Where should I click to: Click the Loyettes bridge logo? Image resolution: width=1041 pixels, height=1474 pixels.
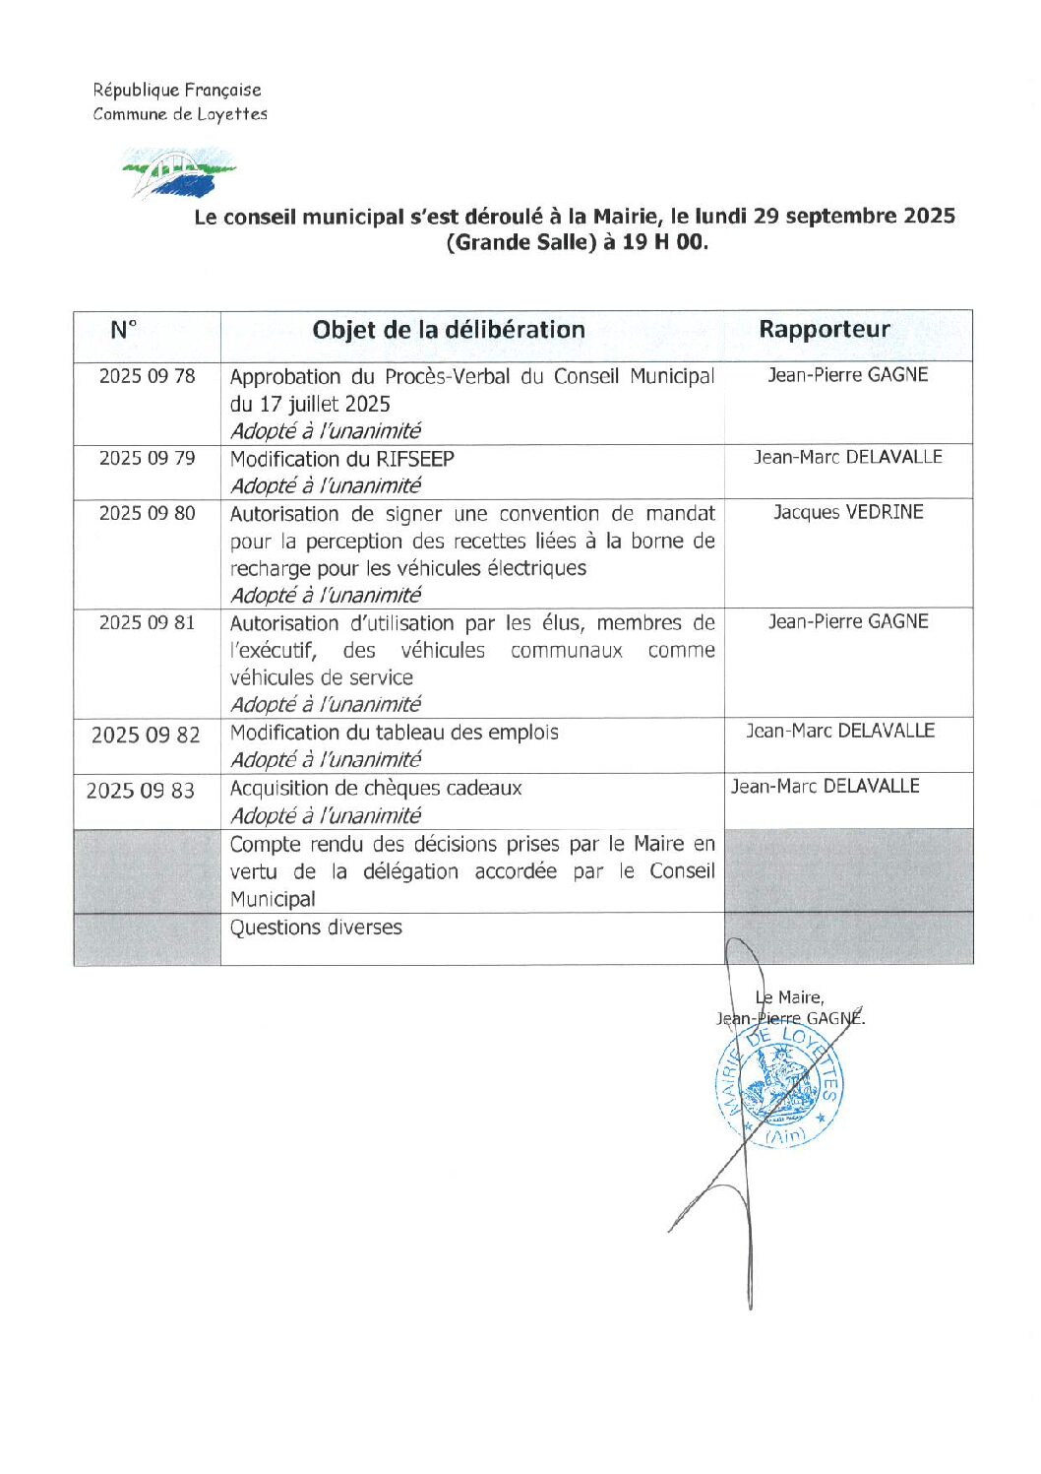178,173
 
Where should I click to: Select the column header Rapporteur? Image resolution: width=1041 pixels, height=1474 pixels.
824,330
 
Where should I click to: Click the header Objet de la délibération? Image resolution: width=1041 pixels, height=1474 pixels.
449,330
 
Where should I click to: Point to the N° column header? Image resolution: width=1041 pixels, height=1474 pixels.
123,330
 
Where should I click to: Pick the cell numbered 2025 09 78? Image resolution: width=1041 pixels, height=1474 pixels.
147,376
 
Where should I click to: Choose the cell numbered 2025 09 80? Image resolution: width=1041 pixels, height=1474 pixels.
147,513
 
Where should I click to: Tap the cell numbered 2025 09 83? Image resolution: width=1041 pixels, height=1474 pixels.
141,791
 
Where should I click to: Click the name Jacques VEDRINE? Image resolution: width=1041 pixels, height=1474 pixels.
848,512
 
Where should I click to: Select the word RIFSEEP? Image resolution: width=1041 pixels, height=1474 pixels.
415,459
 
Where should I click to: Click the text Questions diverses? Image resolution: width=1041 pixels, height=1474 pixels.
316,928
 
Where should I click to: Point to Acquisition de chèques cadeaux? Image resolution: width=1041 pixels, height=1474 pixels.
376,788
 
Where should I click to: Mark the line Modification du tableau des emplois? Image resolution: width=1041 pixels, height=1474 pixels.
394,733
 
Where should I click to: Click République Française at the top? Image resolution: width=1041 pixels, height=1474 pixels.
177,90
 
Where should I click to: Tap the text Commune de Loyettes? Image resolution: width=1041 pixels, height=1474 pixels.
180,114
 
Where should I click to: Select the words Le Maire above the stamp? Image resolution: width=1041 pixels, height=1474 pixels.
790,997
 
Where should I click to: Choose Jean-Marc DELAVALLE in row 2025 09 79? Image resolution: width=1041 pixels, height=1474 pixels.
848,457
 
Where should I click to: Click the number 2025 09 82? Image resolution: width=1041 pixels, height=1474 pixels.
146,736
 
